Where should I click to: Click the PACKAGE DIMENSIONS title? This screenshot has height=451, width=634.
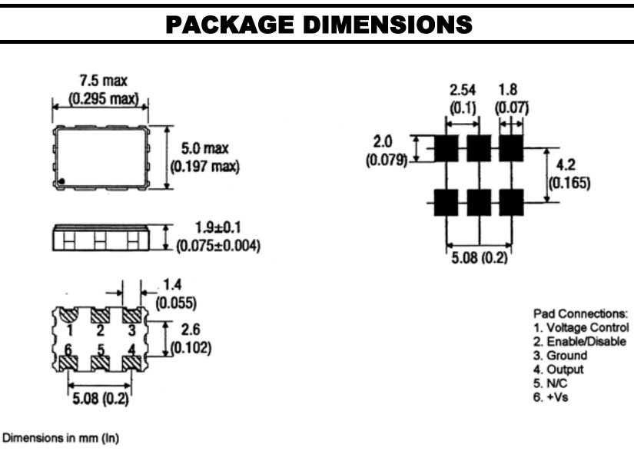317,24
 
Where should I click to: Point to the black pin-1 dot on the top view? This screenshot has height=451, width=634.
65,181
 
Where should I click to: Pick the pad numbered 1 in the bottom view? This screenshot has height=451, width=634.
68,317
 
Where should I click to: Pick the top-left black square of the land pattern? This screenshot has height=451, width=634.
446,148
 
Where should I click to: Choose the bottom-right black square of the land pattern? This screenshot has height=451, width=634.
511,203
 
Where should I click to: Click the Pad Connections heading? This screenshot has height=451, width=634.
580,313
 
